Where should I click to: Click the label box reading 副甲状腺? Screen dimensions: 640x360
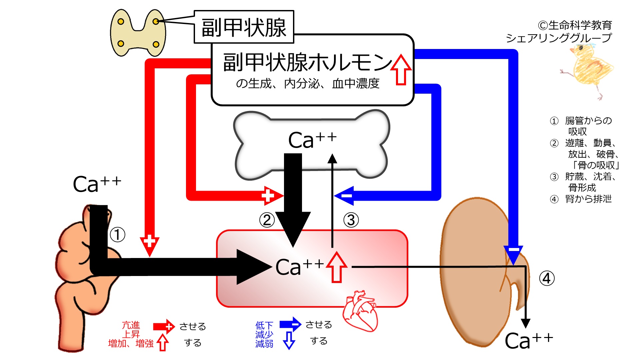pyautogui.click(x=244, y=27)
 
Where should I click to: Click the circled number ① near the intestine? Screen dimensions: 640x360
pyautogui.click(x=117, y=235)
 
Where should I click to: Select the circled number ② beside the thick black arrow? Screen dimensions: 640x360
pyautogui.click(x=267, y=220)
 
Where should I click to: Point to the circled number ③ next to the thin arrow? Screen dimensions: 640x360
pyautogui.click(x=351, y=220)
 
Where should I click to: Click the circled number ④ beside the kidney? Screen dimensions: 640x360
pyautogui.click(x=547, y=278)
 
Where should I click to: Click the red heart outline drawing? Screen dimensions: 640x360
pyautogui.click(x=360, y=311)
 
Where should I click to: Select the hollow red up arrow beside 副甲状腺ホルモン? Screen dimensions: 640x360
pyautogui.click(x=401, y=70)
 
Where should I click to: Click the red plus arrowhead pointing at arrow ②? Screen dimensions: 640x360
pyautogui.click(x=273, y=196)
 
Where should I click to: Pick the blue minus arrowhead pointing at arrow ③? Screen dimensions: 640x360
pyautogui.click(x=344, y=196)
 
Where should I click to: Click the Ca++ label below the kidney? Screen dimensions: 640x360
pyautogui.click(x=529, y=340)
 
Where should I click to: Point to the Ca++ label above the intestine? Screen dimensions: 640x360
pyautogui.click(x=97, y=184)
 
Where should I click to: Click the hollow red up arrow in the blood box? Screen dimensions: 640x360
pyautogui.click(x=337, y=267)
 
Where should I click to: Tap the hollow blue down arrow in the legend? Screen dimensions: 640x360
pyautogui.click(x=289, y=340)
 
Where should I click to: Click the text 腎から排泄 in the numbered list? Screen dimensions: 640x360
pyautogui.click(x=588, y=199)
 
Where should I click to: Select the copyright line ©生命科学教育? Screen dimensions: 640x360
pyautogui.click(x=575, y=25)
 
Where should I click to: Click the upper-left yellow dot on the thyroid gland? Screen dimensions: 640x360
pyautogui.click(x=121, y=22)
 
